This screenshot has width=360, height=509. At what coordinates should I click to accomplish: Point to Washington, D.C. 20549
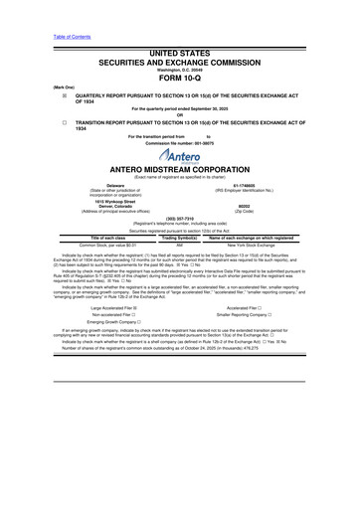coord(179,69)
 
